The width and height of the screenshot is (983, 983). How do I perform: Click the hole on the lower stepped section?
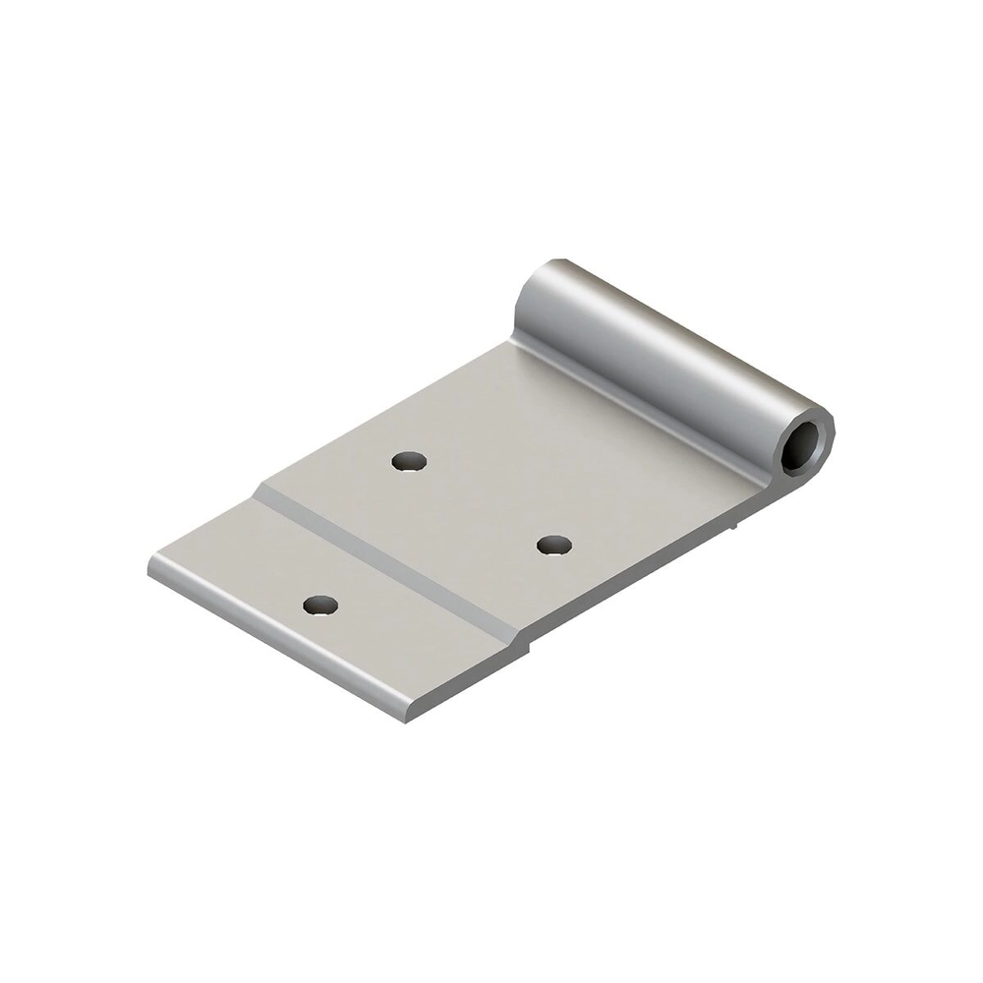[320, 607]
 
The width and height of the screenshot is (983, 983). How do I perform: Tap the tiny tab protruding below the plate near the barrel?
[733, 531]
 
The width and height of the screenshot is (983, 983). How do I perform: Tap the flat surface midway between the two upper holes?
[482, 501]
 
